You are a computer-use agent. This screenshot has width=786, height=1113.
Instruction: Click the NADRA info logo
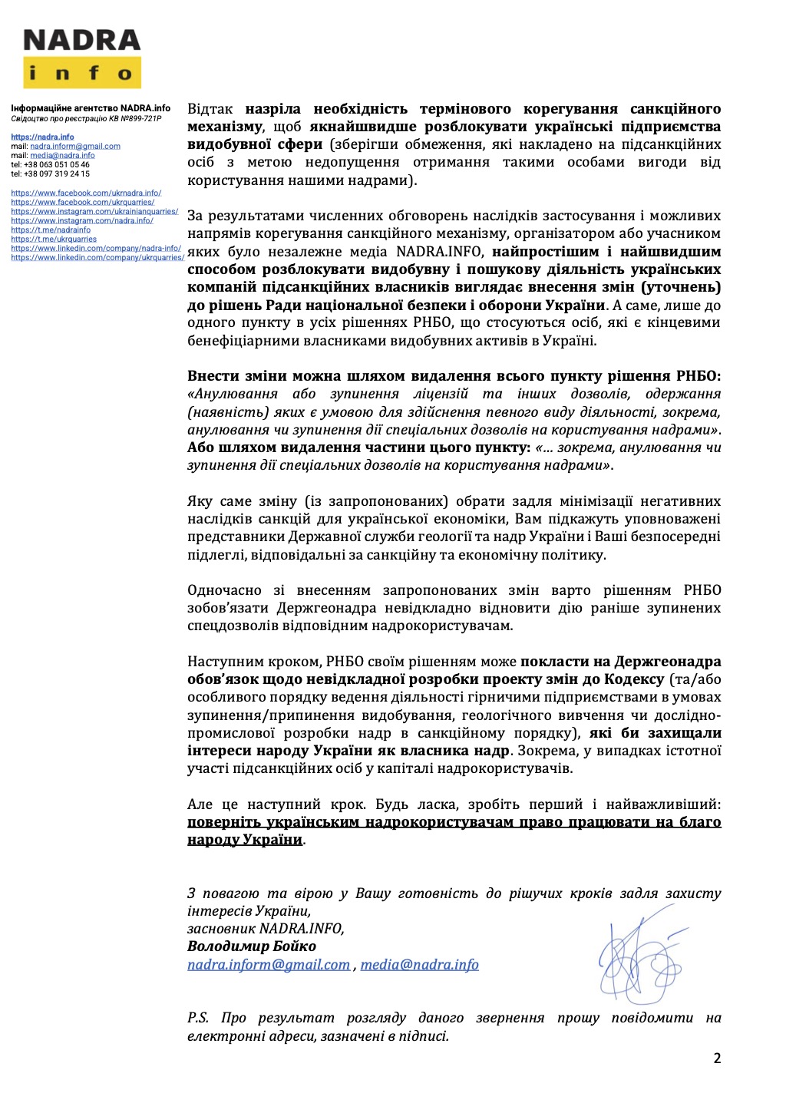[x=81, y=58]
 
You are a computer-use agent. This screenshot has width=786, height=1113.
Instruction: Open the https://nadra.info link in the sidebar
[x=42, y=137]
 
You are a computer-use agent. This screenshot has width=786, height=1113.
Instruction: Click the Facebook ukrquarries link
[x=82, y=203]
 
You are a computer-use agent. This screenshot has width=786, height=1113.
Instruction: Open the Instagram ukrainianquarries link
[x=94, y=212]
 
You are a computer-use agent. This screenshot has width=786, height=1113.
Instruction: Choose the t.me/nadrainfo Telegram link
[x=51, y=230]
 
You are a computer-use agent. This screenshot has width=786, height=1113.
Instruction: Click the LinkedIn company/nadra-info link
[x=96, y=248]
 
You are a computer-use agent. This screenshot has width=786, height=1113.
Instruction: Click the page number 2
[x=717, y=1059]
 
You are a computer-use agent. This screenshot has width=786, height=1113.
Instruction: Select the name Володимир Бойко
[x=251, y=946]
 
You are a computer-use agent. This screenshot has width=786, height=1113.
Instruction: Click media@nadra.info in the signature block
[x=419, y=965]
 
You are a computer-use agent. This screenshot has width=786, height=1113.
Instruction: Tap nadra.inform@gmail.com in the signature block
[x=269, y=965]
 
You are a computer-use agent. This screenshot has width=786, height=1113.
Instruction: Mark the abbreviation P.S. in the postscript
[x=198, y=1018]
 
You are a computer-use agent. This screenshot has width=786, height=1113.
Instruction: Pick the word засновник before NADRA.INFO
[x=221, y=929]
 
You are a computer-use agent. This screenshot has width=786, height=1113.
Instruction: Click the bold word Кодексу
[x=635, y=679]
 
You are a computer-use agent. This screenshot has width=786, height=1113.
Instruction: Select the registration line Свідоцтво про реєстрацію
[x=86, y=118]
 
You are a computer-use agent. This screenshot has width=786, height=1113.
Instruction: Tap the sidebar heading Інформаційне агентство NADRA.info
[x=91, y=109]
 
